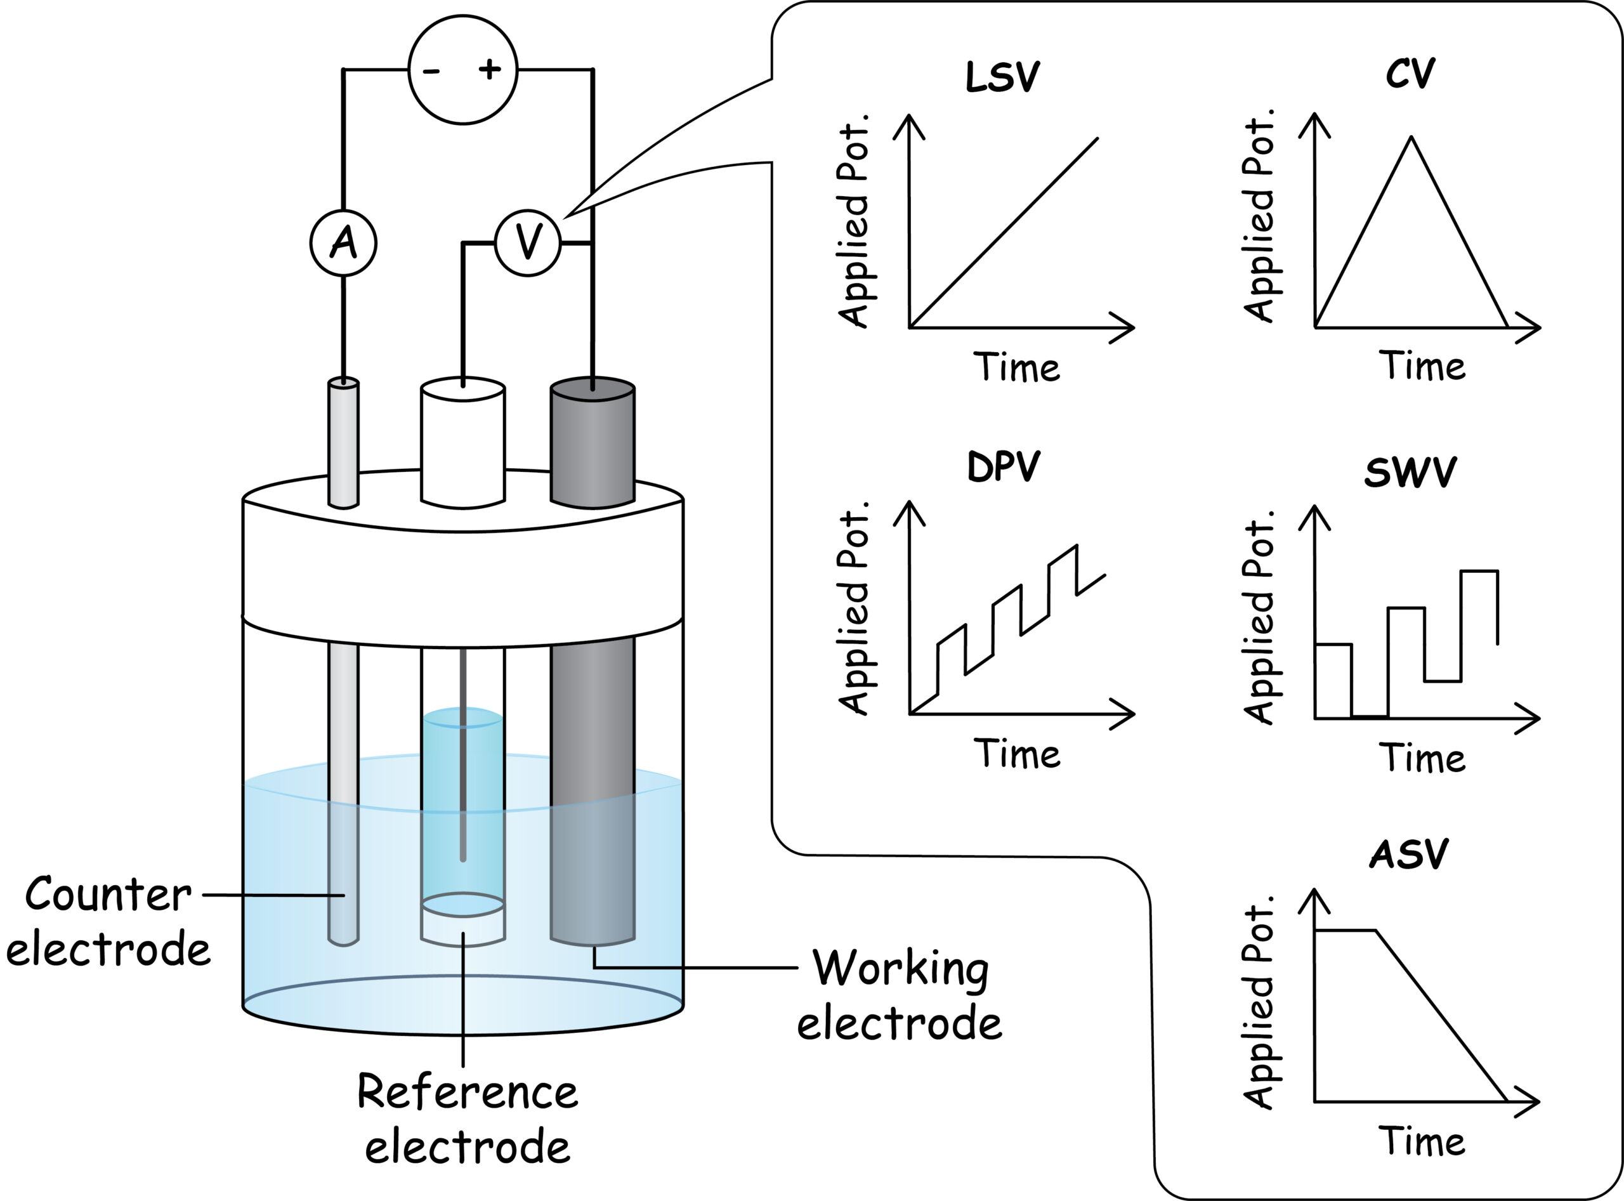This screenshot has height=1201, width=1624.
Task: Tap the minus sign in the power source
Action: coord(431,70)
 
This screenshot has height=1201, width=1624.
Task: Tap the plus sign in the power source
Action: coord(490,69)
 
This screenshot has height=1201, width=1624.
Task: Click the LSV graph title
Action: coord(1002,77)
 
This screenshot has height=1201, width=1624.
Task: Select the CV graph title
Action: coord(1410,74)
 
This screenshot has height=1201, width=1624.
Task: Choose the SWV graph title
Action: coord(1410,472)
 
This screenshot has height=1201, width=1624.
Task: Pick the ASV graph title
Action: coord(1408,854)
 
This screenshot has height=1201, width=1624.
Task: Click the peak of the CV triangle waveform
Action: coord(1410,138)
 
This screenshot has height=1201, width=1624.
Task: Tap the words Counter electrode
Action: coord(108,922)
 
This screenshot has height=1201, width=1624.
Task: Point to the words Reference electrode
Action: coord(467,1119)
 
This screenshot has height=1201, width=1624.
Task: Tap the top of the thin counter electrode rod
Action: coord(343,383)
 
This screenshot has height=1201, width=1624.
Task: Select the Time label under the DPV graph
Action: coord(1016,753)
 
